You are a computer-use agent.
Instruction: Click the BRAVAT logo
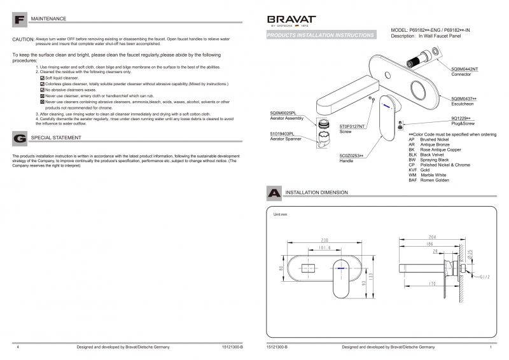pyautogui.click(x=290, y=20)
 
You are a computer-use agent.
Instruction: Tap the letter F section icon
pyautogui.click(x=19, y=20)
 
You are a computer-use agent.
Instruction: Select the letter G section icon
pyautogui.click(x=19, y=137)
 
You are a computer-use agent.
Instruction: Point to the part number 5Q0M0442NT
pyautogui.click(x=464, y=69)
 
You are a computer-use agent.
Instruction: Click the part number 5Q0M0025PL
pyautogui.click(x=282, y=113)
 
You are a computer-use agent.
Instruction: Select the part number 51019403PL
pyautogui.click(x=282, y=134)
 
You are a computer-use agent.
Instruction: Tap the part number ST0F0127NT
pyautogui.click(x=352, y=127)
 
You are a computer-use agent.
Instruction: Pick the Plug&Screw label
pyautogui.click(x=463, y=123)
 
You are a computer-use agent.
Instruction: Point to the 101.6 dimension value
pyautogui.click(x=324, y=249)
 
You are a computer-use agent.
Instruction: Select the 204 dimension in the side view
pyautogui.click(x=433, y=237)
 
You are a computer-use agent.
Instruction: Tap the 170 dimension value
pyautogui.click(x=433, y=283)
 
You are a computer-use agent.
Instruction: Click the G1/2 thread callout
pyautogui.click(x=485, y=277)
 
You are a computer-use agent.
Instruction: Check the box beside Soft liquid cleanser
pyautogui.click(x=42, y=78)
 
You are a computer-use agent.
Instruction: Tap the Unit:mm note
pyautogui.click(x=281, y=215)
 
